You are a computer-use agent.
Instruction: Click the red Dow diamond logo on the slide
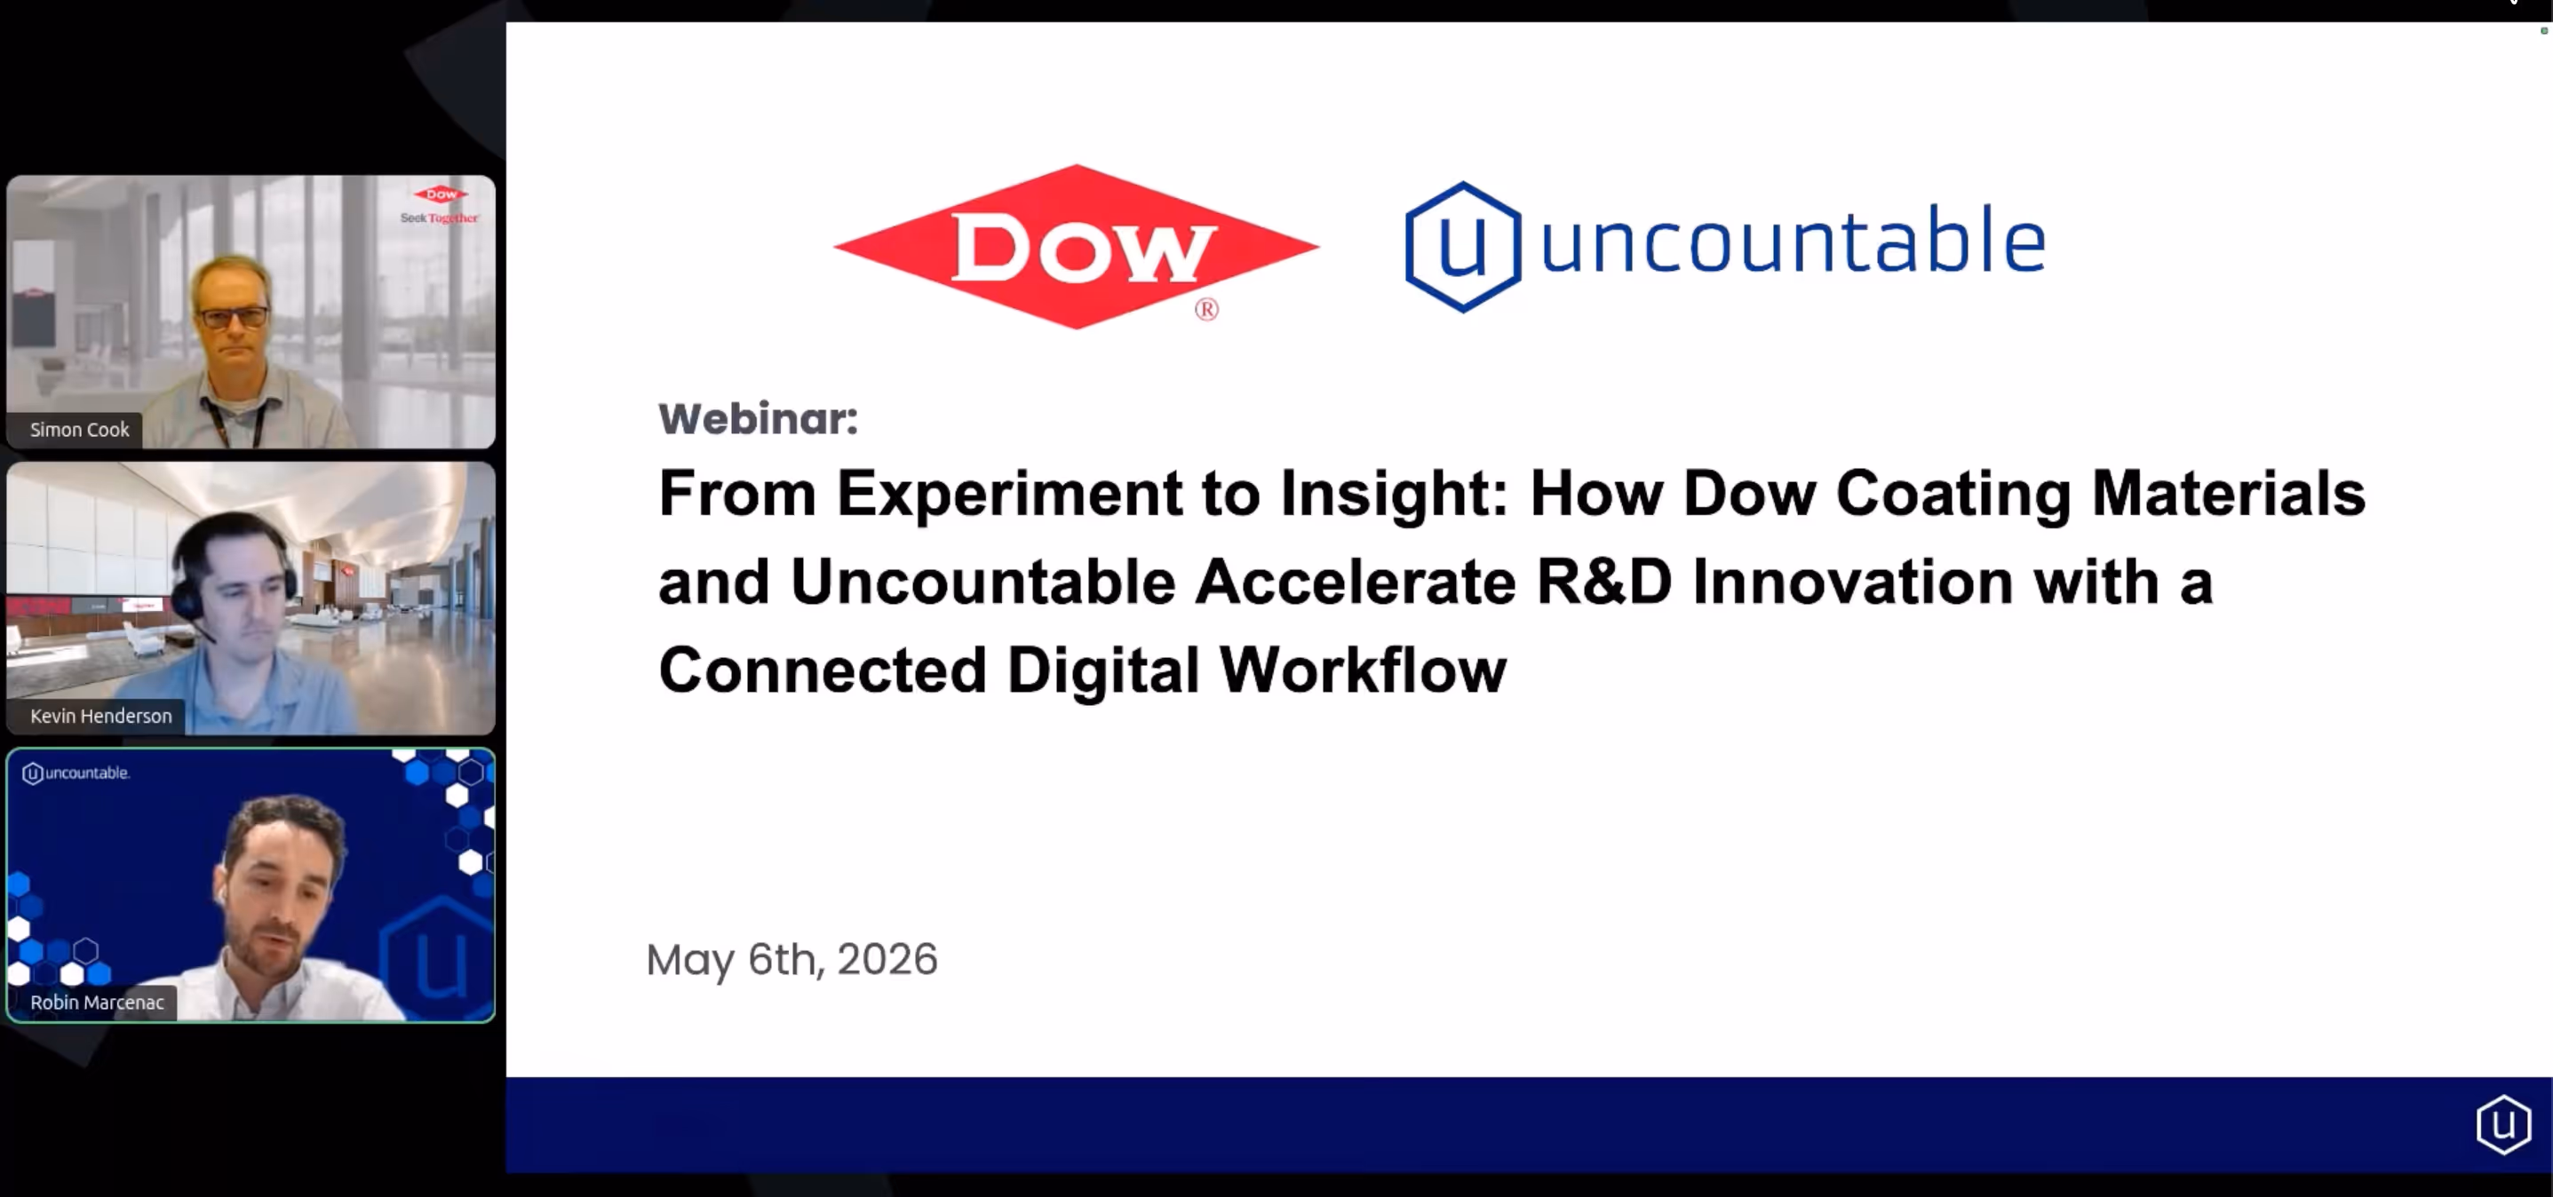click(x=1077, y=247)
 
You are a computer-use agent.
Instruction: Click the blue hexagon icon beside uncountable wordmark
click(x=1463, y=247)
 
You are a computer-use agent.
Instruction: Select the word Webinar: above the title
click(x=758, y=418)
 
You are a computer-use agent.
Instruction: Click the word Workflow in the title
click(x=1364, y=670)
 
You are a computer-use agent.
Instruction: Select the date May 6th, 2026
click(x=791, y=959)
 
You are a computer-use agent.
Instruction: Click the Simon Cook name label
click(x=79, y=430)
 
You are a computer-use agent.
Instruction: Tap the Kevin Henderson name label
click(x=101, y=717)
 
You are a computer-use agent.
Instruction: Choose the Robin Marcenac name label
click(x=97, y=1003)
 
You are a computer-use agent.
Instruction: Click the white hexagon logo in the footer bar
click(x=2503, y=1125)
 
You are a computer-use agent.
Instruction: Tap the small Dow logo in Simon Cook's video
click(x=441, y=194)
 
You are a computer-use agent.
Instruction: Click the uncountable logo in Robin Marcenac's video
click(x=76, y=773)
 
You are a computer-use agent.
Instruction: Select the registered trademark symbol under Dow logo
click(x=1206, y=309)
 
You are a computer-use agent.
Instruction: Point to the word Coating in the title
click(x=1953, y=495)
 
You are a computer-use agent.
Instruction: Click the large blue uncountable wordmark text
click(x=1793, y=242)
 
